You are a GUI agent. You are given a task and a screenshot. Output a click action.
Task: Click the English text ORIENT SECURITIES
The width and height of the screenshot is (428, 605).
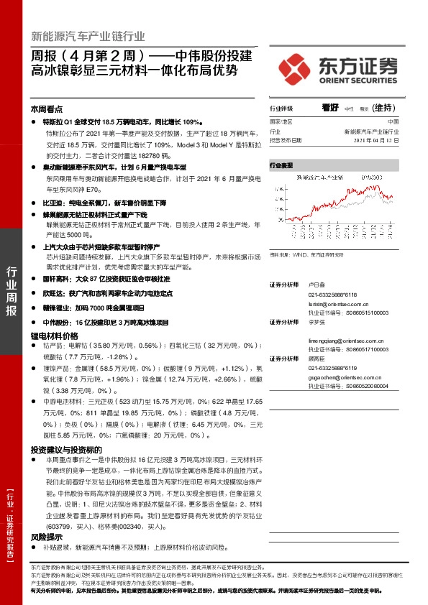coord(355,80)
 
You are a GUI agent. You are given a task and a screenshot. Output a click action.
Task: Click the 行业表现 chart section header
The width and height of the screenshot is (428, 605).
coord(281,165)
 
